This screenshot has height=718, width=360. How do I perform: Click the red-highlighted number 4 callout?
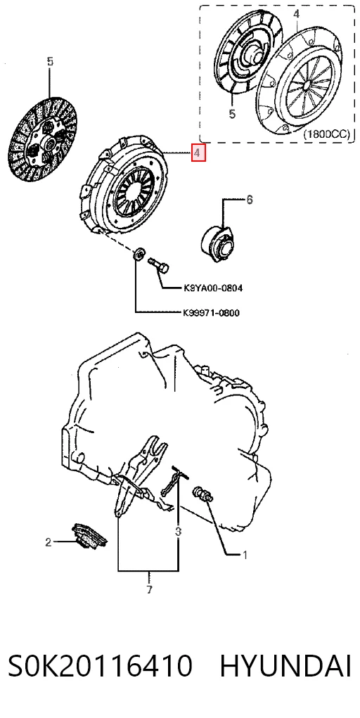tap(198, 153)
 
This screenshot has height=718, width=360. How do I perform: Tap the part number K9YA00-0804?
tap(212, 288)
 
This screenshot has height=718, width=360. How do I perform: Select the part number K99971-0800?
tap(211, 313)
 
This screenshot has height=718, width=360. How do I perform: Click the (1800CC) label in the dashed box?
tap(326, 134)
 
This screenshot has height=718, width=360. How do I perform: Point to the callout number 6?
tap(249, 200)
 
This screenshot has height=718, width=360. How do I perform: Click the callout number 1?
tap(245, 556)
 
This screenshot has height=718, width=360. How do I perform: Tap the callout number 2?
tap(48, 543)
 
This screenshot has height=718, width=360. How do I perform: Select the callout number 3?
tap(178, 532)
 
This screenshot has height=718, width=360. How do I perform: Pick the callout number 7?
tap(149, 589)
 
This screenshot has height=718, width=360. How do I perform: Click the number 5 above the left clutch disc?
tap(50, 61)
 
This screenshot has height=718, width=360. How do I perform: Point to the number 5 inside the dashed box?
tap(232, 113)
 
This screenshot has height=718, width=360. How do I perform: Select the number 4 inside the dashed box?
tap(296, 14)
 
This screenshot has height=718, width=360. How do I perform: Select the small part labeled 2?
tap(89, 536)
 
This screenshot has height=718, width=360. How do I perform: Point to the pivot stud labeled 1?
tap(203, 494)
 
